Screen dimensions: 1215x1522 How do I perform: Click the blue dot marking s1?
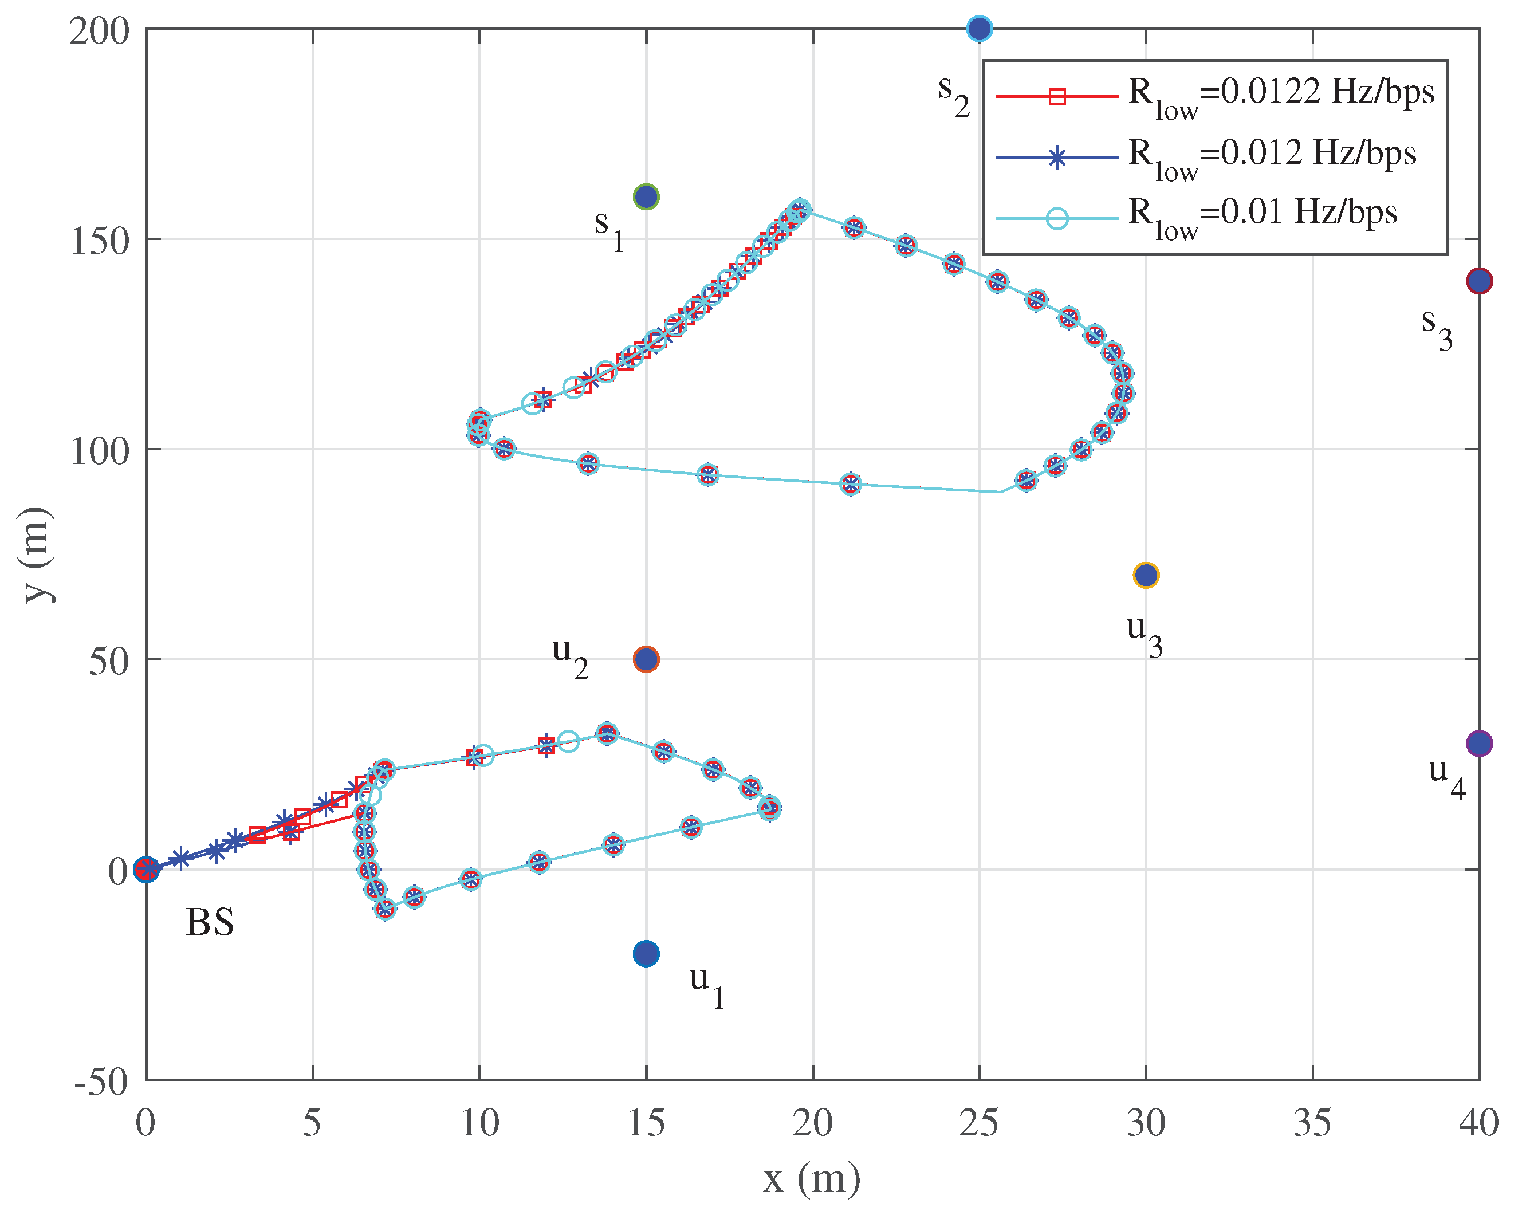click(x=646, y=196)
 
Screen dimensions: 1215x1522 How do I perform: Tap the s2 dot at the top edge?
click(x=979, y=28)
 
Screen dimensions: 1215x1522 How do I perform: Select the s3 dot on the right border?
click(x=1479, y=281)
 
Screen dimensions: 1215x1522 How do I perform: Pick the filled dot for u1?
click(x=646, y=954)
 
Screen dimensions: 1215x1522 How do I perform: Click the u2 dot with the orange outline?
click(x=646, y=659)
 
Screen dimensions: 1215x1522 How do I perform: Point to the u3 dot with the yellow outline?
click(x=1146, y=575)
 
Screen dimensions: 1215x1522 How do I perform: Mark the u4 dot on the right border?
click(x=1479, y=744)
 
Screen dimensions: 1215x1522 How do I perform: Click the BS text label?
click(x=210, y=923)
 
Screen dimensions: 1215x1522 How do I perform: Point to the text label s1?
click(x=608, y=227)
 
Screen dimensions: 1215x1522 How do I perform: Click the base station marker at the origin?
click(x=146, y=869)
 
